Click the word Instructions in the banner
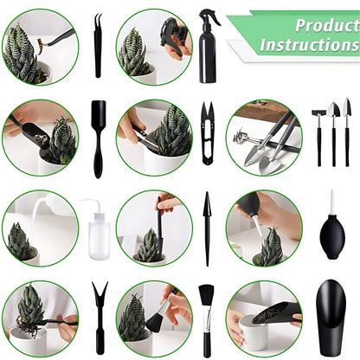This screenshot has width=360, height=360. coord(310,44)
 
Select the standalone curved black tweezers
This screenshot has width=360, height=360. coord(98,45)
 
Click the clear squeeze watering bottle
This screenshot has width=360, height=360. coord(96,228)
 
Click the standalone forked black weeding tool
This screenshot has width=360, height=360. coord(99,317)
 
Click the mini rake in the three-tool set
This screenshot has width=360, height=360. coord(318,130)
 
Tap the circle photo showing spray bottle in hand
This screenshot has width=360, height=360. coord(154,47)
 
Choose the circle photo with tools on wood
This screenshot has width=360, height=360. coord(264,138)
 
